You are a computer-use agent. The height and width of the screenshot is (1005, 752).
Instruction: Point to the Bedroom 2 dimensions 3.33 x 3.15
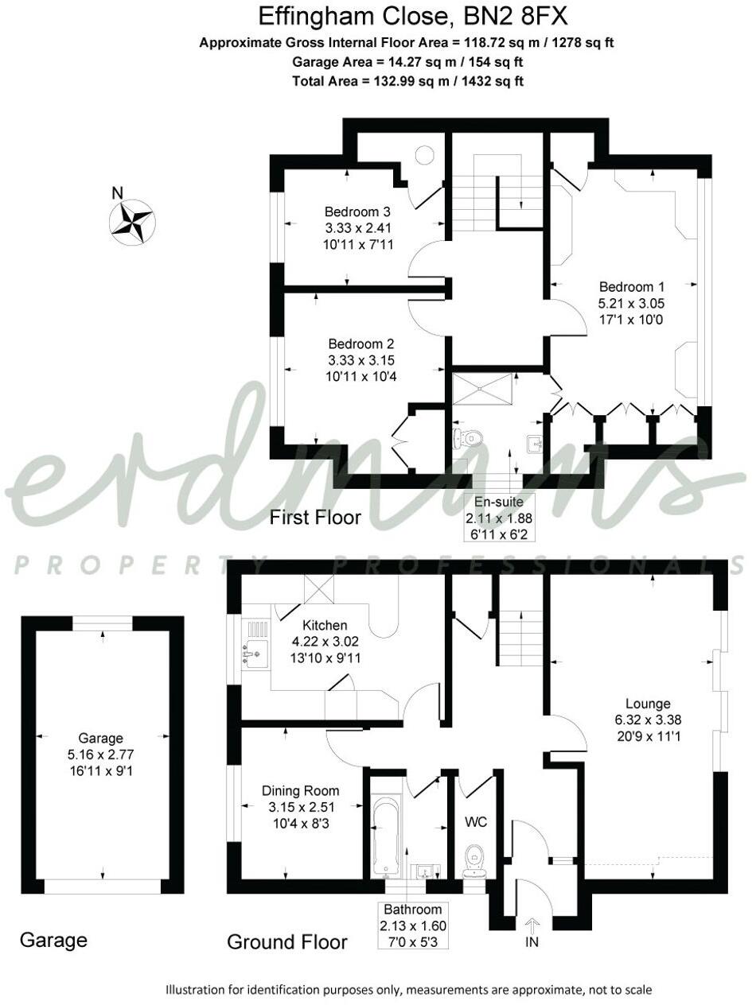pyautogui.click(x=361, y=360)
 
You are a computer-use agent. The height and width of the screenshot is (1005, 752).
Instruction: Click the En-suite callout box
pyautogui.click(x=499, y=516)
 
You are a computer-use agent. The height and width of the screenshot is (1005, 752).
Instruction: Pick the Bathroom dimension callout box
pyautogui.click(x=415, y=925)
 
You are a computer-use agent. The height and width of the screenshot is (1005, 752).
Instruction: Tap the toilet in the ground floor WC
pyautogui.click(x=476, y=856)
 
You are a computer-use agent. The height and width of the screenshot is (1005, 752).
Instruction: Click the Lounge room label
pyautogui.click(x=648, y=704)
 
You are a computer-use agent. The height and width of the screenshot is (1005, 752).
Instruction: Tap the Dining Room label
pyautogui.click(x=300, y=791)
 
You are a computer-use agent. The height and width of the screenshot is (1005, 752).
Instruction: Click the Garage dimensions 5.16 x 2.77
pyautogui.click(x=100, y=755)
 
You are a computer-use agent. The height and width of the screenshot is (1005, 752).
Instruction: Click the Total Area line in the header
pyautogui.click(x=407, y=80)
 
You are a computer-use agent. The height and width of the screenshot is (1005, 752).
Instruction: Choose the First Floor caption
pyautogui.click(x=315, y=518)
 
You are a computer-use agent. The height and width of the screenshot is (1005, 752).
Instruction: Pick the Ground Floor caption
pyautogui.click(x=287, y=942)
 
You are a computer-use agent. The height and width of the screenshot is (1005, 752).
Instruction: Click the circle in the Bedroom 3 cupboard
pyautogui.click(x=424, y=155)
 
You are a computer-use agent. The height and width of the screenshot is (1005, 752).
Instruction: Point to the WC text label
pyautogui.click(x=475, y=821)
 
